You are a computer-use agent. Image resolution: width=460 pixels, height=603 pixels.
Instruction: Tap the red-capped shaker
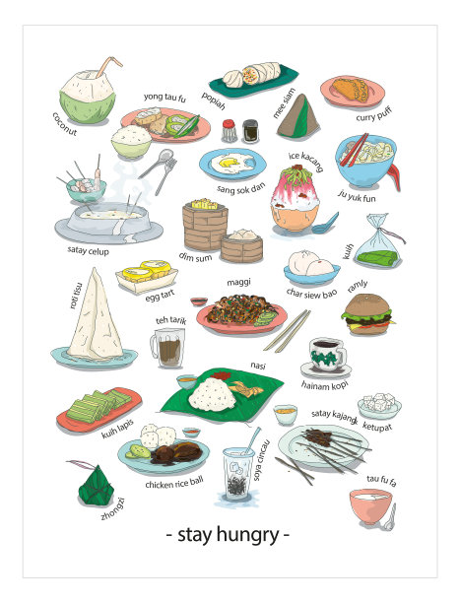[230, 131]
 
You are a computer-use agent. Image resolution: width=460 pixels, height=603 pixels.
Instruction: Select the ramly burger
[367, 314]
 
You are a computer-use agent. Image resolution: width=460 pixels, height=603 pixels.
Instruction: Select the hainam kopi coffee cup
[327, 355]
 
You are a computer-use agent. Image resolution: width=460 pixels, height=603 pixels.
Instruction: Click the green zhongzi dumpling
[96, 485]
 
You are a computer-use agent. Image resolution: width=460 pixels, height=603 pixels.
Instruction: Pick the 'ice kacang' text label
[305, 162]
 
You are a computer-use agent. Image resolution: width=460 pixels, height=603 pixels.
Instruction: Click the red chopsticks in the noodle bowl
[354, 150]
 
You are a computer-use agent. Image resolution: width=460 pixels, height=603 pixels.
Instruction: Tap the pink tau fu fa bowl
[370, 506]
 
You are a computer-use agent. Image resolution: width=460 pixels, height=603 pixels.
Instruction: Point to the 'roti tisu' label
[76, 296]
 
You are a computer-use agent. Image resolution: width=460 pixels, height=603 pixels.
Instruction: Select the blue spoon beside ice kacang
[325, 224]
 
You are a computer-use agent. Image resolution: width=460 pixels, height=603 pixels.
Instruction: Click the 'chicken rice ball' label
[173, 482]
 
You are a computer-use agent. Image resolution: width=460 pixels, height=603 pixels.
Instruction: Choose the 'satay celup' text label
[88, 250]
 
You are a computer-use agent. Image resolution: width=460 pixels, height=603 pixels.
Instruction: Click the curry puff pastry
[351, 90]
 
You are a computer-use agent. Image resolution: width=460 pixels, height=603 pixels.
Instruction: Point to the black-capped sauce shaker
[250, 131]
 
